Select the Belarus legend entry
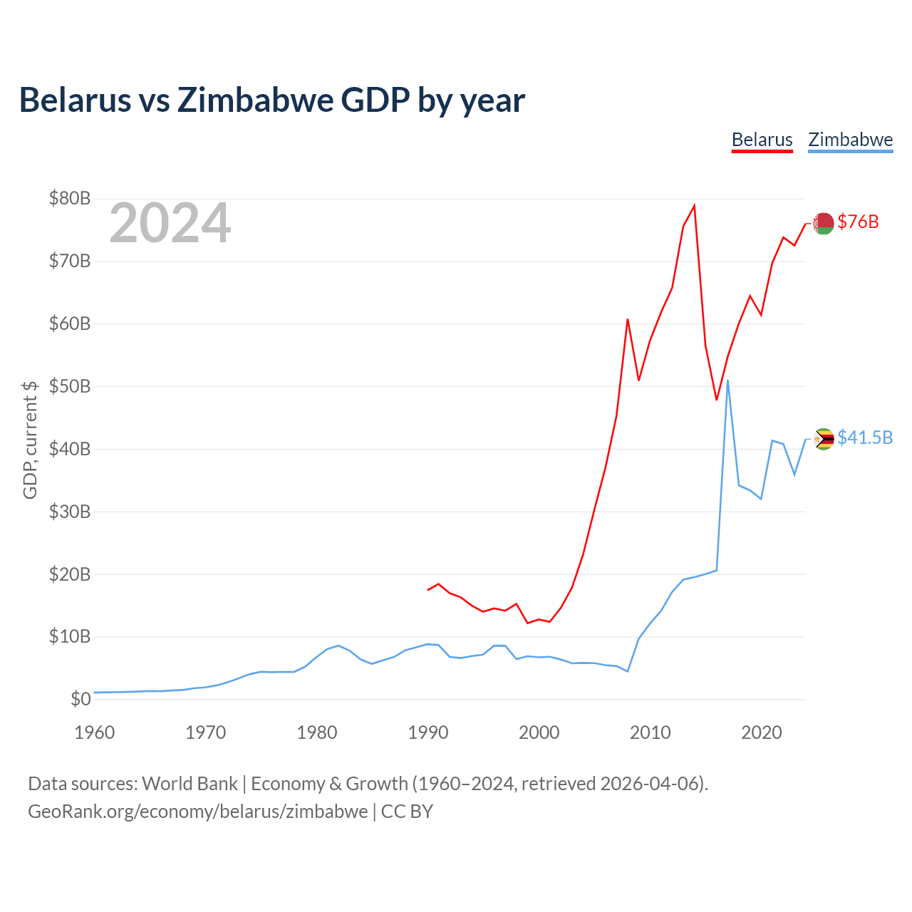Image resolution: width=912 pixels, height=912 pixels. point(762,140)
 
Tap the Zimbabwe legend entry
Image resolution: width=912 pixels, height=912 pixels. point(850,140)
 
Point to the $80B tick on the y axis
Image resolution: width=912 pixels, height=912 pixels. point(70,198)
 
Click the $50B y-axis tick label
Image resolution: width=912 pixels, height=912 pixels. point(70,386)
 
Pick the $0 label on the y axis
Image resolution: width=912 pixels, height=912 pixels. point(81,699)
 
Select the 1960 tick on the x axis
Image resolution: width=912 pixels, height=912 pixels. point(94,732)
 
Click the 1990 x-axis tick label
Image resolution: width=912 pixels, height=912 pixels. point(427,732)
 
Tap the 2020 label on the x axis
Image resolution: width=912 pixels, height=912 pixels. point(761,732)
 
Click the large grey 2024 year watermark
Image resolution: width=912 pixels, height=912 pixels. point(170,222)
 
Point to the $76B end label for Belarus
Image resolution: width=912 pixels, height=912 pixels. point(858,222)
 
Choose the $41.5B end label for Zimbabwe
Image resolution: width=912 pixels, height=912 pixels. point(865,437)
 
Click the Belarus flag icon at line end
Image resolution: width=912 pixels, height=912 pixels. point(823,224)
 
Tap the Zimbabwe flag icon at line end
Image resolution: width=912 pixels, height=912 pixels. point(823,439)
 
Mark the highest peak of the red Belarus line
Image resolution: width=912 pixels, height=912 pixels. point(694,205)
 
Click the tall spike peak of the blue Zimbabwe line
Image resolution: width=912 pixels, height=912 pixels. point(727,380)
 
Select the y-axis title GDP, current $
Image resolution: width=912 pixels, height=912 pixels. point(30,440)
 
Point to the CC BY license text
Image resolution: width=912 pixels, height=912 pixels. point(407,812)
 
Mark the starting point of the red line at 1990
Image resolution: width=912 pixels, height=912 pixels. point(427,590)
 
